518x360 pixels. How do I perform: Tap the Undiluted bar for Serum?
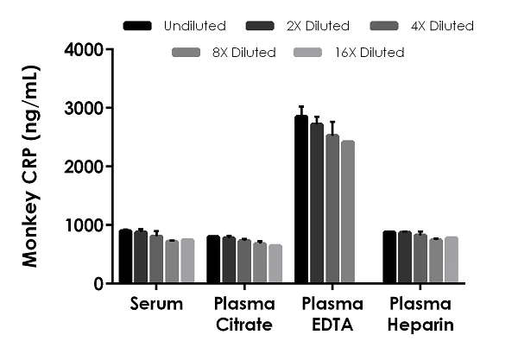point(125,256)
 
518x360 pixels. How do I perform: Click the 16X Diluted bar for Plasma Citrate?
point(275,263)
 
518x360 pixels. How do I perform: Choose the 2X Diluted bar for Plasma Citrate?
point(229,260)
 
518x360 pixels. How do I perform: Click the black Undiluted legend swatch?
point(138,26)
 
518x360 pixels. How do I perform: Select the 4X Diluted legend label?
point(443,26)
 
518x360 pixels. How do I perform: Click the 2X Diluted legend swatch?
point(260,26)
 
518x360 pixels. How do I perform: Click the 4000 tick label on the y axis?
point(85,49)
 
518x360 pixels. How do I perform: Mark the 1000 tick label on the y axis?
point(85,225)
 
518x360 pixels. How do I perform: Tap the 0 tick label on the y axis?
point(98,284)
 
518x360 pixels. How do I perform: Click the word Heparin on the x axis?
point(419,325)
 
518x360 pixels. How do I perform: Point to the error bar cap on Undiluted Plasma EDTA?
point(301,106)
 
